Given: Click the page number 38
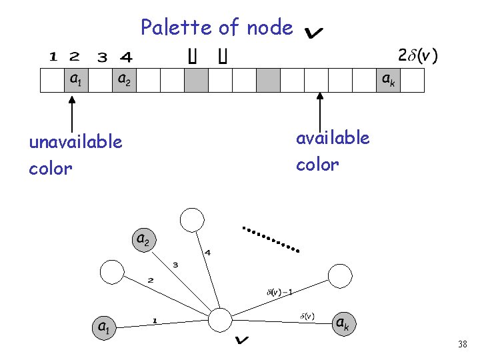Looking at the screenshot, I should click(x=463, y=344).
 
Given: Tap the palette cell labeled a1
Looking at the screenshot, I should click(x=76, y=79).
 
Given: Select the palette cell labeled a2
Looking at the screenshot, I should click(x=124, y=79).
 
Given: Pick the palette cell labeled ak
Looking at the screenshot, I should click(x=387, y=79).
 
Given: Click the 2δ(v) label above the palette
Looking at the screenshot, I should click(x=418, y=55).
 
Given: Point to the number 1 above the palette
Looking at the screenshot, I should click(x=53, y=57).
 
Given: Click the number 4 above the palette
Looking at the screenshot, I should click(x=126, y=57).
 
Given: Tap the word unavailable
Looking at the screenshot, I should click(x=75, y=142).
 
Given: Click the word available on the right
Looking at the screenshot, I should click(x=332, y=138).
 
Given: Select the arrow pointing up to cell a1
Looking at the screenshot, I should click(x=72, y=113).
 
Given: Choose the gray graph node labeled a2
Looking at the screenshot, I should click(x=143, y=239).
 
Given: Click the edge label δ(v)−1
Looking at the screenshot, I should click(x=279, y=291).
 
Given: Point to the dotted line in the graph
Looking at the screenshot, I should click(x=271, y=239).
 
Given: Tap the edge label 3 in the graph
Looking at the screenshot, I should click(x=175, y=265).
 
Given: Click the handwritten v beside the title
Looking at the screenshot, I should click(x=313, y=31).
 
